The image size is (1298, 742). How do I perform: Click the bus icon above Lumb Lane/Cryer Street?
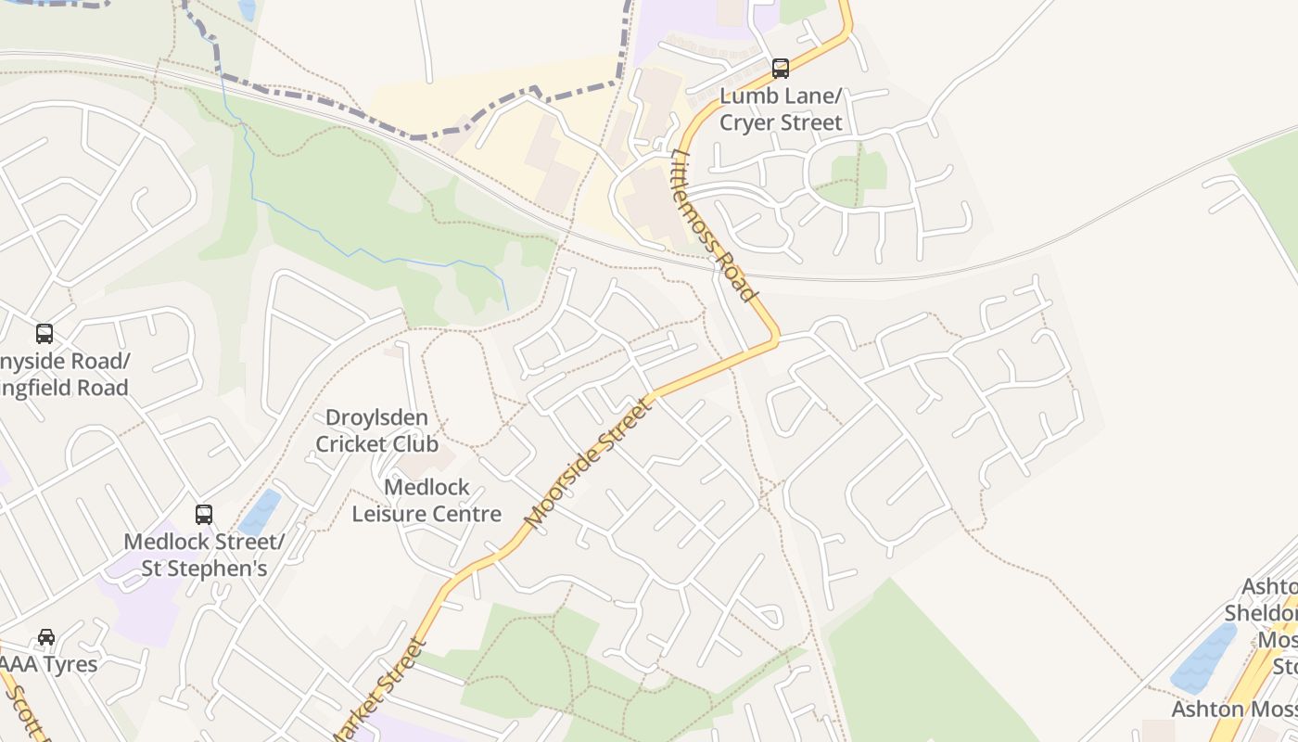click(781, 68)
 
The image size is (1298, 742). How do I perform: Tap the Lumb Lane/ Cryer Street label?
click(781, 109)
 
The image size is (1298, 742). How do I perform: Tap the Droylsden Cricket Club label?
click(376, 430)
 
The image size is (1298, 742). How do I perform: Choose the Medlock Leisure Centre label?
click(426, 500)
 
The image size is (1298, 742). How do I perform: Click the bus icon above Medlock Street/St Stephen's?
click(204, 514)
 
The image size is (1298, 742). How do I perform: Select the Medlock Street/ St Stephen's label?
click(204, 555)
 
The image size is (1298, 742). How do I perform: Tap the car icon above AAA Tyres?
click(46, 636)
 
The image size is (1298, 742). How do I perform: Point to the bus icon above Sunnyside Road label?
click(45, 333)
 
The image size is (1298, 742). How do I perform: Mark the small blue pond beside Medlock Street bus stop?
click(261, 512)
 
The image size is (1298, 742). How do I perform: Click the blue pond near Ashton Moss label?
click(1204, 658)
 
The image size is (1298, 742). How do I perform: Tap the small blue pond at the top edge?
click(247, 9)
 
